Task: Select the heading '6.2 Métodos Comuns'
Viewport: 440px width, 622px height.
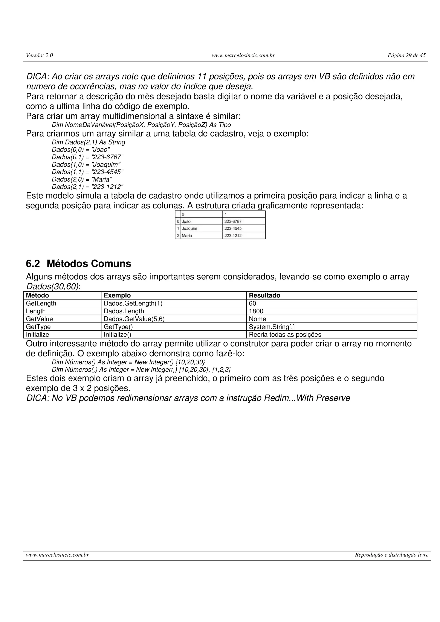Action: pyautogui.click(x=78, y=264)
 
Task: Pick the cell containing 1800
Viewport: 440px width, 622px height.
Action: pyautogui.click(x=256, y=311)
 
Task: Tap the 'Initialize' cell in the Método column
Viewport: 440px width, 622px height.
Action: pyautogui.click(x=37, y=335)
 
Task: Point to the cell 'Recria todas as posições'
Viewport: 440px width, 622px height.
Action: pyautogui.click(x=285, y=335)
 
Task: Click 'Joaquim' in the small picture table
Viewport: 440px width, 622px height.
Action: pyautogui.click(x=189, y=228)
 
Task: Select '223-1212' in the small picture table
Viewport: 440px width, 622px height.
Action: pyautogui.click(x=233, y=235)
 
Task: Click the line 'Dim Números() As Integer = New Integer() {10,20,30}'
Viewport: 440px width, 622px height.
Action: pyautogui.click(x=128, y=362)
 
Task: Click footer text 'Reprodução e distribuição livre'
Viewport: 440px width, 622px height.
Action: pyautogui.click(x=391, y=555)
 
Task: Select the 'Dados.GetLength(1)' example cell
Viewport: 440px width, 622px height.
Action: pyautogui.click(x=133, y=303)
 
